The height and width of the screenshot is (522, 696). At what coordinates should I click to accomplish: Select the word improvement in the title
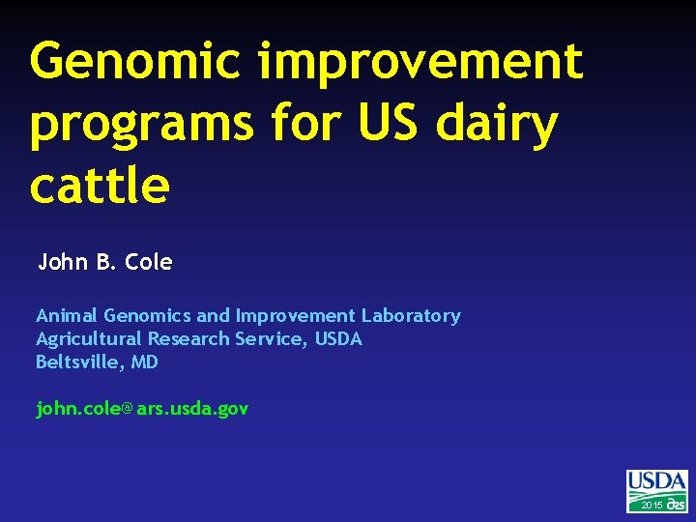(x=420, y=61)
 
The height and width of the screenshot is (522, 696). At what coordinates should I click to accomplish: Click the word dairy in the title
(x=509, y=126)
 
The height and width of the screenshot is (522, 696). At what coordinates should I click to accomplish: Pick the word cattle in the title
(x=100, y=186)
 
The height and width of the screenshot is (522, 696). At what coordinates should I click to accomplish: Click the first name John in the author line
(x=63, y=262)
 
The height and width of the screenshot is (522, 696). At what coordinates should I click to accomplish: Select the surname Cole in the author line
(x=149, y=262)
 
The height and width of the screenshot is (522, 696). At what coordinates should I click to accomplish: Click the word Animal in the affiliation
(x=67, y=315)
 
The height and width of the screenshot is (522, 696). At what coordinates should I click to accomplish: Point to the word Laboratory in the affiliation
(x=411, y=315)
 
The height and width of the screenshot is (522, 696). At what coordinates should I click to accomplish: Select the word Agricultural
(x=90, y=338)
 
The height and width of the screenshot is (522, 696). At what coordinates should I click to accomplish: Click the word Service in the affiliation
(x=273, y=338)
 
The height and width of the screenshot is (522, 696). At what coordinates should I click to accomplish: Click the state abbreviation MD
(x=144, y=362)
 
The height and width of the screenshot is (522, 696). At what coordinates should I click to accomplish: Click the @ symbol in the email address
(x=128, y=410)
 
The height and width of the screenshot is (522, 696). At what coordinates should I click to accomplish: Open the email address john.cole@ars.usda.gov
(x=142, y=409)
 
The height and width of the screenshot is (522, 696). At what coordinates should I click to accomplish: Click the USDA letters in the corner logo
(x=657, y=481)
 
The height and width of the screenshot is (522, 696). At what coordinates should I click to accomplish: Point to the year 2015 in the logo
(x=652, y=505)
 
